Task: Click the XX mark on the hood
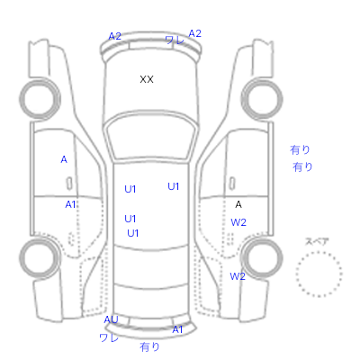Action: pos(147,79)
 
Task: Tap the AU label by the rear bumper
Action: pos(111,319)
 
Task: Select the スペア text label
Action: pos(317,241)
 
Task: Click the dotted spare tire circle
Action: pos(319,252)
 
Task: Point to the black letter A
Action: pos(238,204)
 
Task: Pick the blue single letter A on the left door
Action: pos(64,159)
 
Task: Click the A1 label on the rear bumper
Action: pos(177,329)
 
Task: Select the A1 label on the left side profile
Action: pos(70,204)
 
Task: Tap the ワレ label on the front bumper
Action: pos(175,40)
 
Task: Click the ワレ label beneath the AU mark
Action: pos(109,337)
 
